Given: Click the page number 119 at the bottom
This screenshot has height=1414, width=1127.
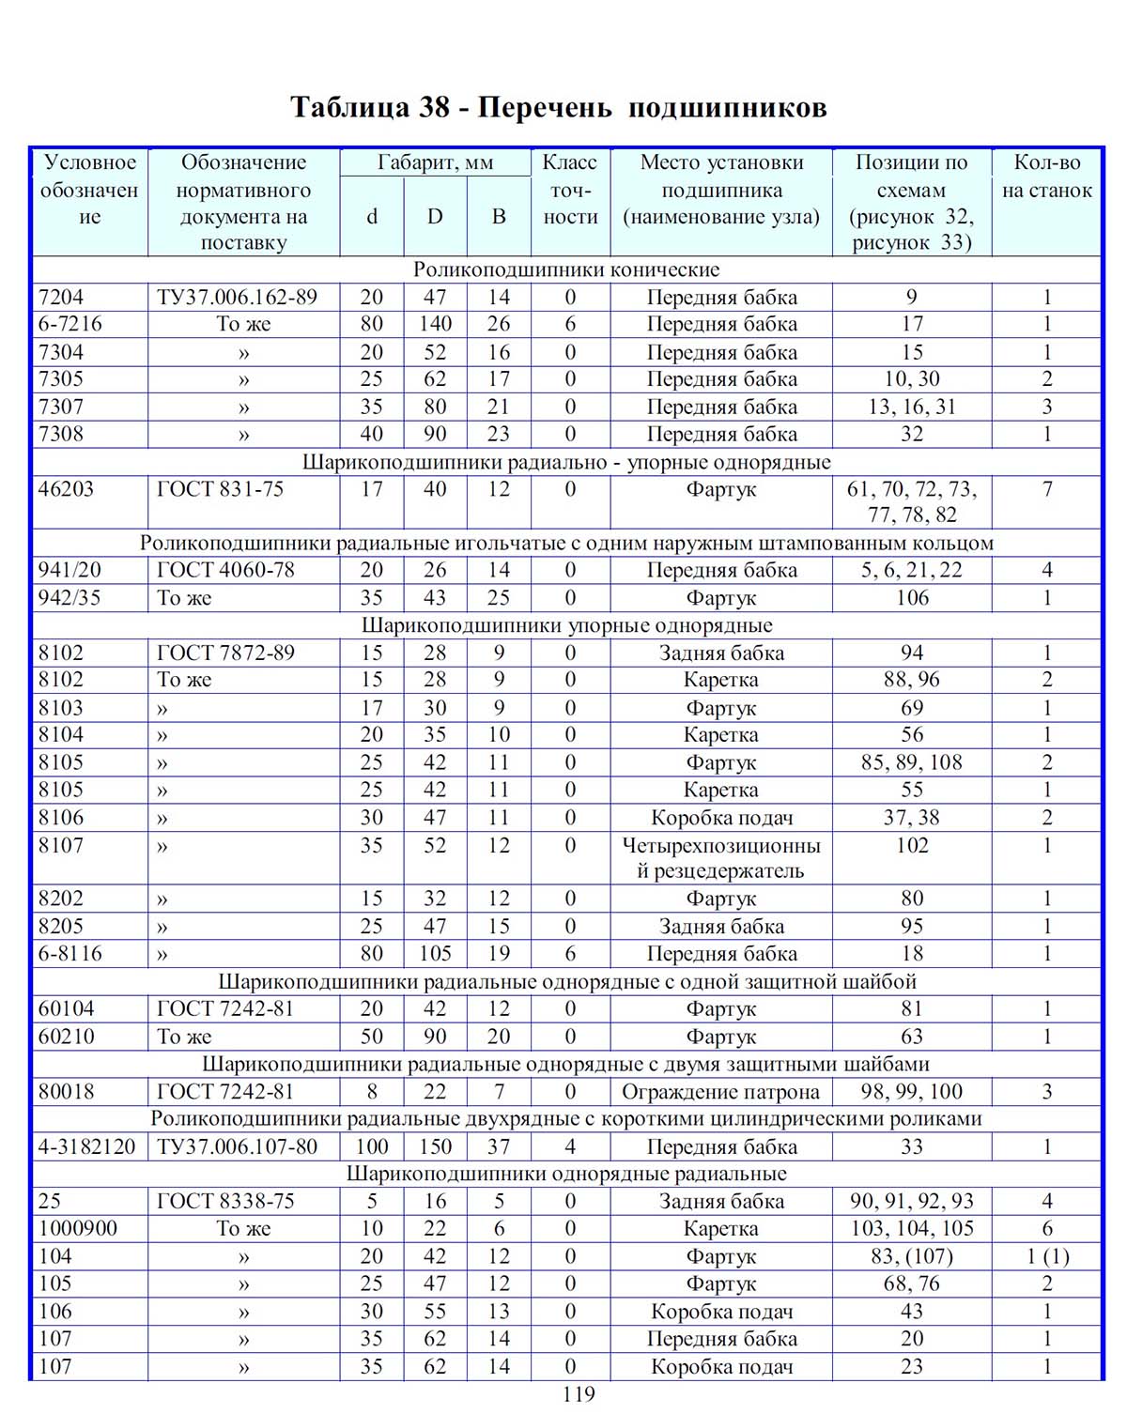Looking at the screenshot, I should (x=579, y=1395).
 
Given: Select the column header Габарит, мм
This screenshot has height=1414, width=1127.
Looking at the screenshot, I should (x=435, y=162).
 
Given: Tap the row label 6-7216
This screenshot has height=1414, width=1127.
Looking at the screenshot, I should (x=70, y=324).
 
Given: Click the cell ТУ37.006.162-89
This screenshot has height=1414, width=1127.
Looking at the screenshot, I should (x=238, y=298).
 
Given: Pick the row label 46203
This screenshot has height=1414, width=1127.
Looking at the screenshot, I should (x=66, y=489).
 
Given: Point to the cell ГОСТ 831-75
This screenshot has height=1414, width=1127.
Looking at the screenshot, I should (x=220, y=489).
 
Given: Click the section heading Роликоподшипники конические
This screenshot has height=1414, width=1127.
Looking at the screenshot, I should (x=566, y=270).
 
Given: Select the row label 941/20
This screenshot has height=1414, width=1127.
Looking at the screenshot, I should (x=69, y=570).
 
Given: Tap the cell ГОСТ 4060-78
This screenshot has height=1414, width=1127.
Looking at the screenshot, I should (x=225, y=570).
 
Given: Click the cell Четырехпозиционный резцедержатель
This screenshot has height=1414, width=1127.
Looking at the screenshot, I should (x=720, y=858).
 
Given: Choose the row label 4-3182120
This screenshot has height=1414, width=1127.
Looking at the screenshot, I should (x=87, y=1146).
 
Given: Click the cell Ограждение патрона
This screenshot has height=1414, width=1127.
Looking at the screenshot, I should (x=720, y=1092).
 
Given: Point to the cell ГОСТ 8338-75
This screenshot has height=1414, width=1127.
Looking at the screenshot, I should (x=225, y=1201).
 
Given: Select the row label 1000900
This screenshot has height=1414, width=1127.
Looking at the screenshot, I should (x=78, y=1228).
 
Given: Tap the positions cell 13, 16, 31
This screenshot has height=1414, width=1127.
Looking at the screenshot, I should (x=911, y=407).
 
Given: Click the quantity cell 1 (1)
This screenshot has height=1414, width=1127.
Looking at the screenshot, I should (x=1047, y=1256).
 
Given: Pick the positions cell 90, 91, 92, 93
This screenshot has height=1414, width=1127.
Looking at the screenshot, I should (x=911, y=1201).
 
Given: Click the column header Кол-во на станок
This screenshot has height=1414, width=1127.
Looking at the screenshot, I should (x=1047, y=177).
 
